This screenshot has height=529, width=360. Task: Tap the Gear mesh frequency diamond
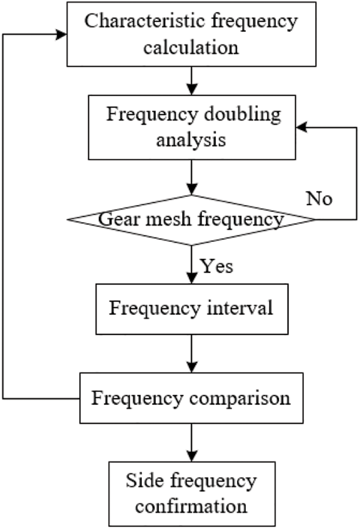pyautogui.click(x=191, y=220)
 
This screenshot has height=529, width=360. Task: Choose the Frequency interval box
pyautogui.click(x=191, y=309)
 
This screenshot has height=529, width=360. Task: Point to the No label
pyautogui.click(x=319, y=199)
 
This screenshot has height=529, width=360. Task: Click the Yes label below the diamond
pyautogui.click(x=217, y=266)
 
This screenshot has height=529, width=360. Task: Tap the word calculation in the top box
pyautogui.click(x=191, y=48)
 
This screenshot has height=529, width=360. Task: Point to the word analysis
pyautogui.click(x=191, y=140)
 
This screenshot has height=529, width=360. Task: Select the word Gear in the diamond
pyautogui.click(x=114, y=220)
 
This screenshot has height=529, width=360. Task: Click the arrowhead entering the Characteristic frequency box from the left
pyautogui.click(x=63, y=35)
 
